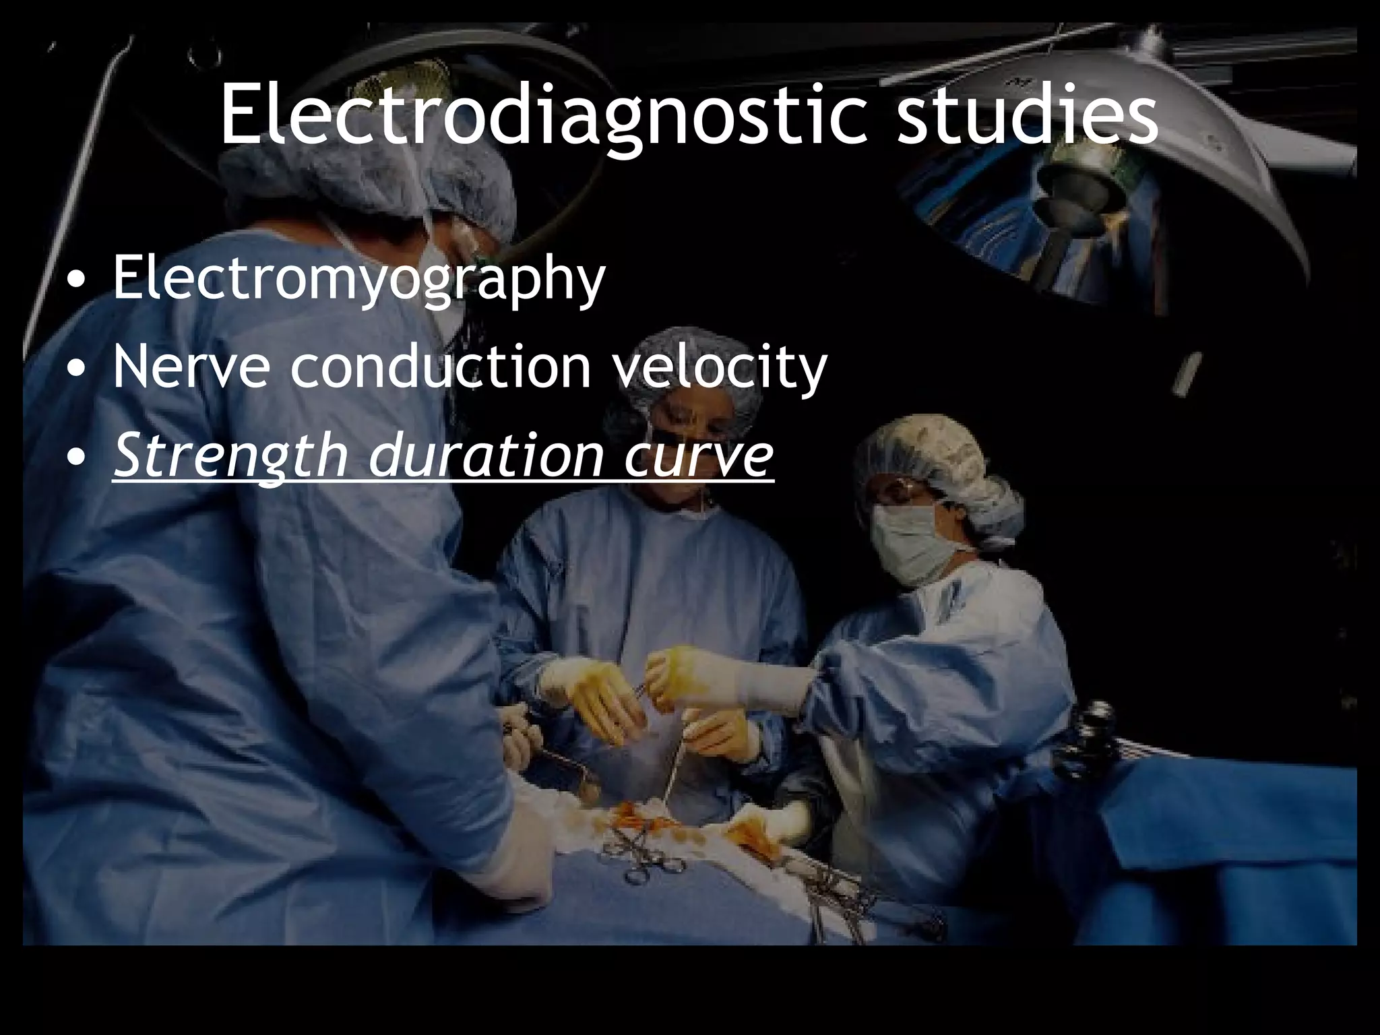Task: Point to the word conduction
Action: [441, 367]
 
